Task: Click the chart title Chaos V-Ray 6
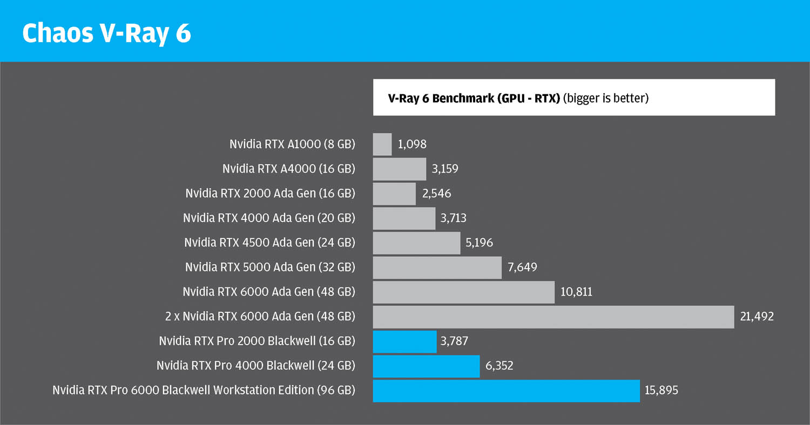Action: click(106, 33)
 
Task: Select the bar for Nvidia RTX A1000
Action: click(382, 145)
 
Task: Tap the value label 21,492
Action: click(757, 317)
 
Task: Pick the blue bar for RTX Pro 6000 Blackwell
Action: click(506, 390)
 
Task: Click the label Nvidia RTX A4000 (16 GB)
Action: click(288, 169)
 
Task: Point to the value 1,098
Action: click(412, 145)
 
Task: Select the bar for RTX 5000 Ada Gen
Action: click(437, 268)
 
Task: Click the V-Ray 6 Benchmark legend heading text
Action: click(474, 98)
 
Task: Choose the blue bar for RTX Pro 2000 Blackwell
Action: click(404, 341)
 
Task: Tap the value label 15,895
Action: click(661, 390)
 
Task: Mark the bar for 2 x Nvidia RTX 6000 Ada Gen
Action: click(553, 317)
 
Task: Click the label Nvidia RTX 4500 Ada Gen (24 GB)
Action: click(269, 243)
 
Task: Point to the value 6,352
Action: click(499, 366)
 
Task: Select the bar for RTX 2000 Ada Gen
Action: click(394, 194)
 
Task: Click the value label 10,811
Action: click(576, 292)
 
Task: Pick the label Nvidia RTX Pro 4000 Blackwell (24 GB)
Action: click(255, 366)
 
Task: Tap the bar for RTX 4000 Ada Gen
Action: click(404, 218)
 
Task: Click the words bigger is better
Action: click(605, 98)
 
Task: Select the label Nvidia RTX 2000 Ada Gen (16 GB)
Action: click(270, 194)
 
